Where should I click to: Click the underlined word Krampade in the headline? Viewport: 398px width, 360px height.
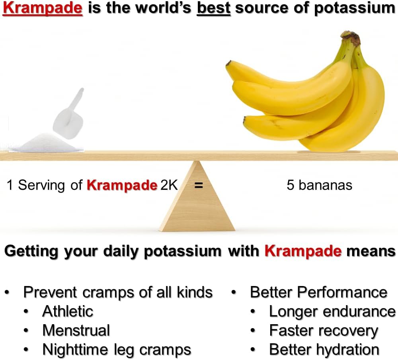[43, 8]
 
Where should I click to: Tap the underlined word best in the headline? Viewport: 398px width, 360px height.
[214, 8]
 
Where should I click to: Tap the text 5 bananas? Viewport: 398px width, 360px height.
[319, 185]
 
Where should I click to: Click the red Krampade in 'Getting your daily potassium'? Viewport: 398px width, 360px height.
[303, 251]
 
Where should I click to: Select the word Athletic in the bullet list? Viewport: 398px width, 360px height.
[68, 311]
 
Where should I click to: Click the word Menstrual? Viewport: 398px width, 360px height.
[76, 330]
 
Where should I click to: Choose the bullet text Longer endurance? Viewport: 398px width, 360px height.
[332, 311]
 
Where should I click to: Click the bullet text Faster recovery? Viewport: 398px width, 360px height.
[324, 331]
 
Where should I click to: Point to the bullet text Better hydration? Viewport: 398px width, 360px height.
[324, 350]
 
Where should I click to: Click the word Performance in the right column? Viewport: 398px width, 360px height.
[342, 292]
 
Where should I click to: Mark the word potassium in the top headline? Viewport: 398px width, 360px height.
[354, 9]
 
